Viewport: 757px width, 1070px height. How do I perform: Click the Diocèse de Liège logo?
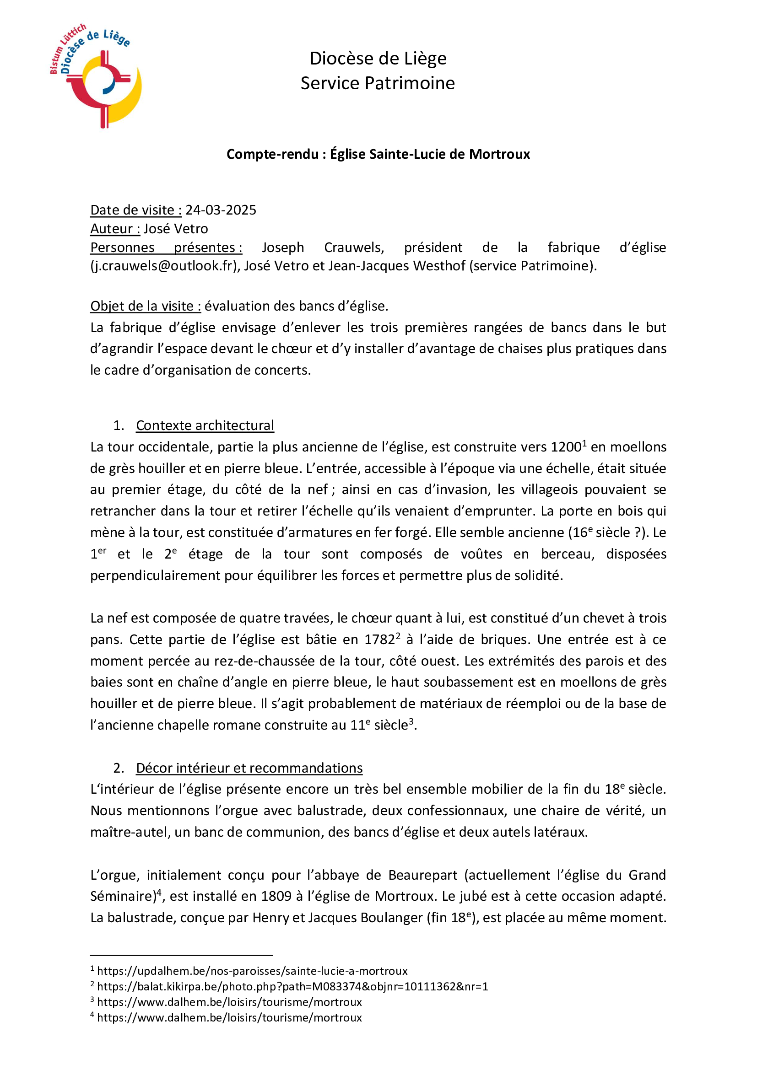pyautogui.click(x=96, y=76)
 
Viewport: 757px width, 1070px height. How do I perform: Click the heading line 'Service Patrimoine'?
pyautogui.click(x=378, y=83)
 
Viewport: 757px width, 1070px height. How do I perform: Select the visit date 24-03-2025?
pyautogui.click(x=221, y=210)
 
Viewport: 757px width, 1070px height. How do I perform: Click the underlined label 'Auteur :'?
pyautogui.click(x=115, y=229)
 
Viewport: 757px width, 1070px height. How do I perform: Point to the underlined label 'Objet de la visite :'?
pyautogui.click(x=146, y=306)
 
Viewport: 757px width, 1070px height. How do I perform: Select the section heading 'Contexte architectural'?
pyautogui.click(x=205, y=425)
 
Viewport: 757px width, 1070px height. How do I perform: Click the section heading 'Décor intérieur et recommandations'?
pyautogui.click(x=249, y=768)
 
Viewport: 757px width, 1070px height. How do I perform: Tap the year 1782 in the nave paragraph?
pyautogui.click(x=379, y=640)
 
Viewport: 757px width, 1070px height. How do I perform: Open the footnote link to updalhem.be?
pyautogui.click(x=252, y=971)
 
